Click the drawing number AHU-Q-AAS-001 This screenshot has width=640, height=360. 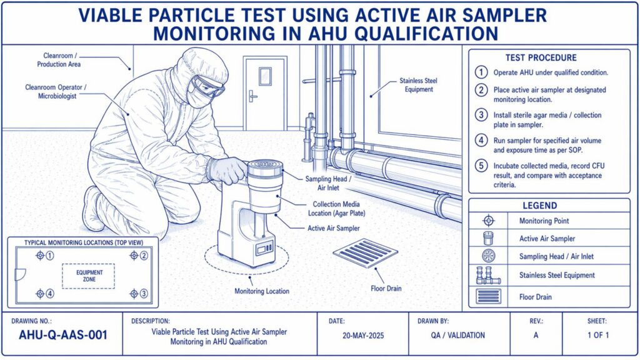pos(63,335)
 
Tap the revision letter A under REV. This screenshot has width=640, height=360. pos(536,335)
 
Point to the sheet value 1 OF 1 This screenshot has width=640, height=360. pos(598,335)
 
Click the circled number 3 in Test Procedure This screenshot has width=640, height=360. pos(481,115)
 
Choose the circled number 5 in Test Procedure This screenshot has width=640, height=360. pos(481,166)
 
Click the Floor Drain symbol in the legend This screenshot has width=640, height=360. pos(489,296)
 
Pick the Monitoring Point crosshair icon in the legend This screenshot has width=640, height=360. pos(489,221)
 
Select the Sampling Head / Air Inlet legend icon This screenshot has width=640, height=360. pos(489,256)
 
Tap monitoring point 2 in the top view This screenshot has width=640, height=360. pos(134,256)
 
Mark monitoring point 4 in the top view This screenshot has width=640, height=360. pos(40,294)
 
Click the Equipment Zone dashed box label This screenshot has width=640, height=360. pos(89,276)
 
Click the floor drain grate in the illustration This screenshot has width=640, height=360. pos(365,253)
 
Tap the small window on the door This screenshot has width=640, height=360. pos(265,76)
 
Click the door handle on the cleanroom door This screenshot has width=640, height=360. pos(252,96)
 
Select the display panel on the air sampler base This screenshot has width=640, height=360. pos(264,247)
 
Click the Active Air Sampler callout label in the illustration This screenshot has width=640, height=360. pos(334,228)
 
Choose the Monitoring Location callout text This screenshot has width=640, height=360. pos(262,291)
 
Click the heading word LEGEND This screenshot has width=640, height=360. pos(539,206)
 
